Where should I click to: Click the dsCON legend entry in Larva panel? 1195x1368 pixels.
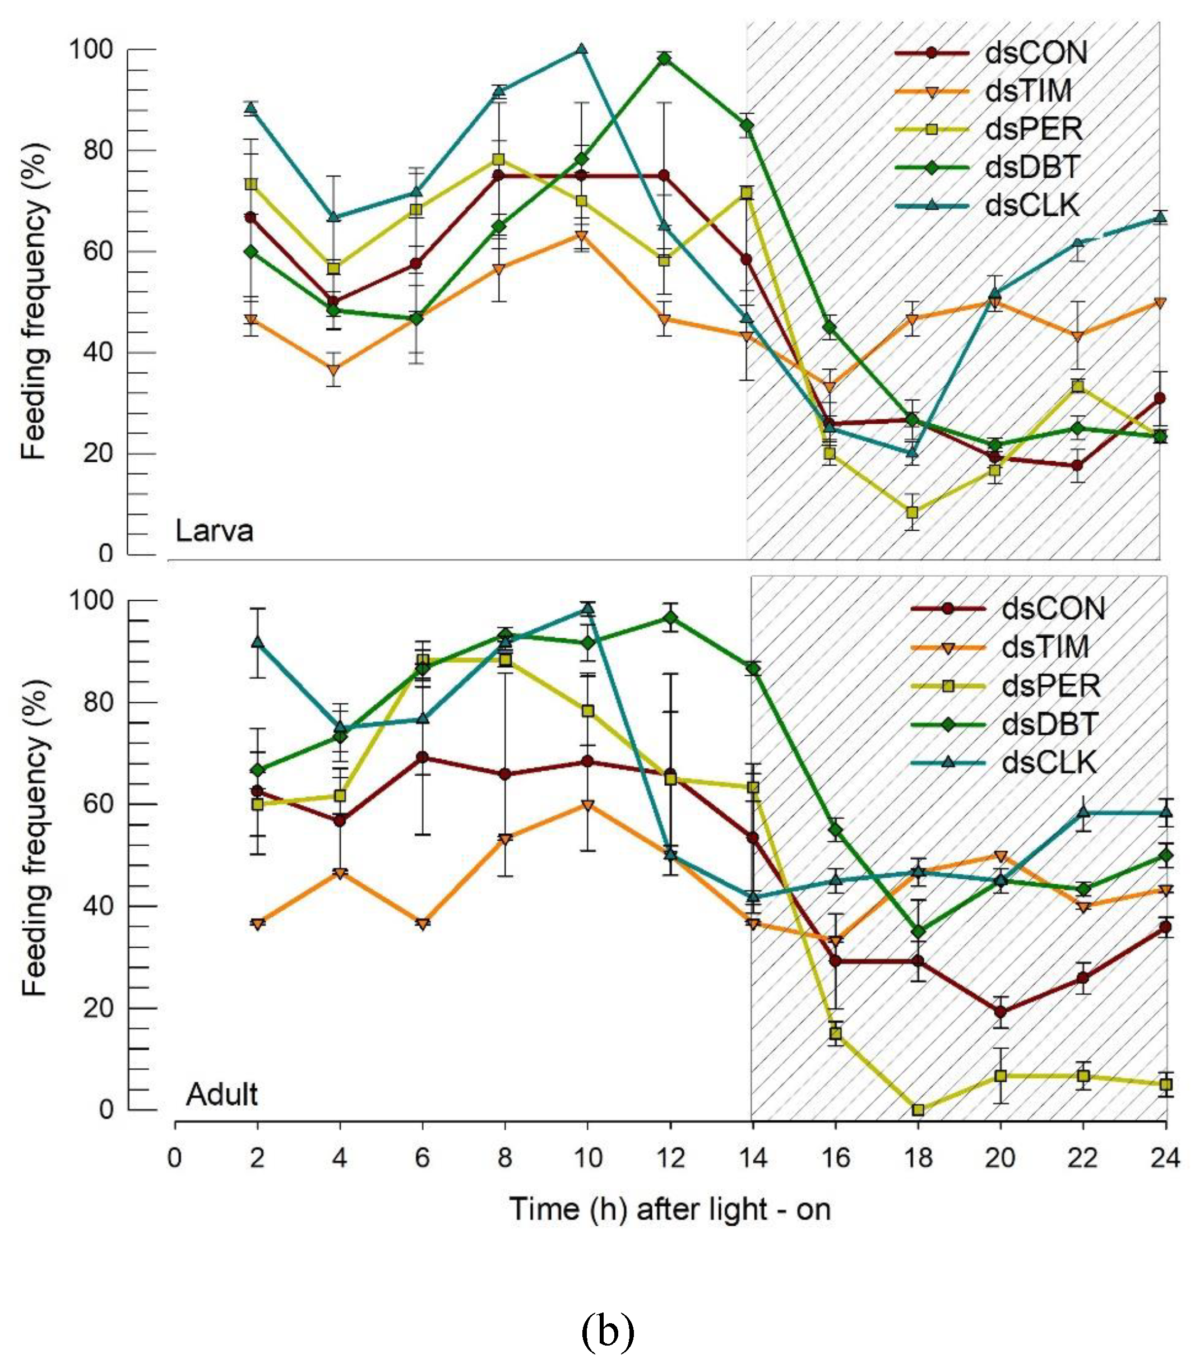click(1036, 53)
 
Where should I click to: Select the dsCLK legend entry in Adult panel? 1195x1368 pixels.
click(1049, 763)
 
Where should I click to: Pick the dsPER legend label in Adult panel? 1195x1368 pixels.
click(1051, 686)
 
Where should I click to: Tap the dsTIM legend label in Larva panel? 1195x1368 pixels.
click(1029, 91)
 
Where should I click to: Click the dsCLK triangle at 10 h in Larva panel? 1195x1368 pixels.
click(581, 49)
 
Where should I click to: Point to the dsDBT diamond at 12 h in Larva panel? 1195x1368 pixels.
click(664, 59)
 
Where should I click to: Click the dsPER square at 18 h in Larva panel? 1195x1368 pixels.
click(913, 513)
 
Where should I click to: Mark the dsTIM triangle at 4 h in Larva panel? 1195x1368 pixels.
click(334, 370)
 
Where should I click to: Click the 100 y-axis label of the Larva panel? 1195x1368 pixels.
click(91, 49)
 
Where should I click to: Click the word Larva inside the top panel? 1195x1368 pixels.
click(214, 531)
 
